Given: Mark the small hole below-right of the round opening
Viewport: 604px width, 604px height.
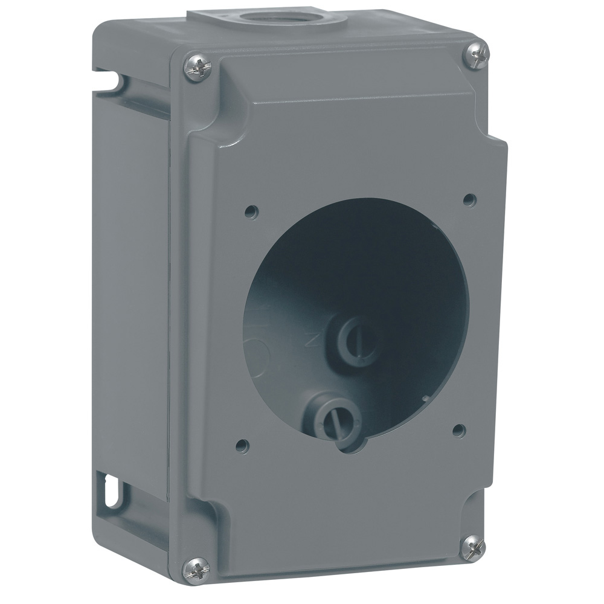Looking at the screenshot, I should [458, 429].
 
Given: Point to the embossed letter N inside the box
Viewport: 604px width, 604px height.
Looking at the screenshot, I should [313, 340].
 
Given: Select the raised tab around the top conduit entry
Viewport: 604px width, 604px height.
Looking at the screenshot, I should [266, 16].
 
